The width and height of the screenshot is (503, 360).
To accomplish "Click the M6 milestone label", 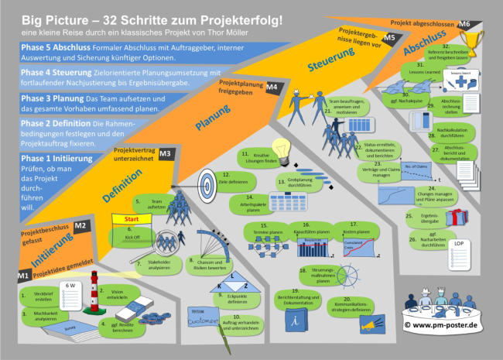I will click(464, 25).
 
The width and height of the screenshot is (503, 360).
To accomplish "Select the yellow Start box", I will click(132, 219).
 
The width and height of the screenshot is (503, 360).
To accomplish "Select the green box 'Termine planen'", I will click(265, 230).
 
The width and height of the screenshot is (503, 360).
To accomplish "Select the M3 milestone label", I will click(164, 154).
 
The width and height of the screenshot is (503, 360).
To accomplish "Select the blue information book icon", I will click(292, 323).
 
